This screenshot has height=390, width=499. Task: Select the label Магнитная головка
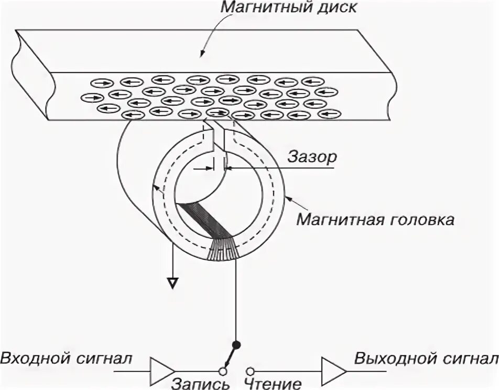(375, 219)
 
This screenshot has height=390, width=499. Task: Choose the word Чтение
(273, 383)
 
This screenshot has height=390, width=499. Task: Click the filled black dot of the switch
(236, 344)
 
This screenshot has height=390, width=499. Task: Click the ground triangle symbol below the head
(172, 283)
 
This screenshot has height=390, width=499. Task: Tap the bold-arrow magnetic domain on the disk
(229, 100)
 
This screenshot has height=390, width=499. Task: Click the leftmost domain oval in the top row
(101, 82)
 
